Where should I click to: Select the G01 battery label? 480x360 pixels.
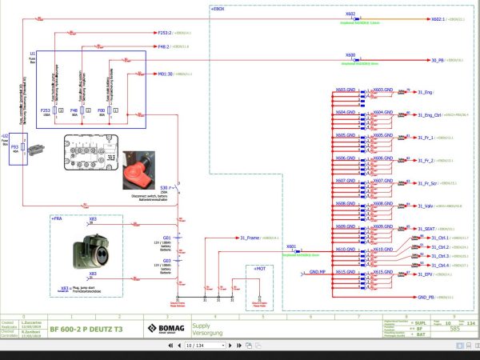pyautogui.click(x=167, y=237)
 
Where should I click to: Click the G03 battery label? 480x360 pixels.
pyautogui.click(x=167, y=260)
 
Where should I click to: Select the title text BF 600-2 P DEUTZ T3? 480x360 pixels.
pyautogui.click(x=87, y=328)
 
